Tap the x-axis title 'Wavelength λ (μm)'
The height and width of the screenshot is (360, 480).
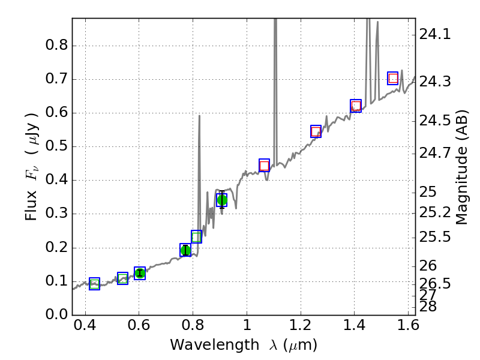244,344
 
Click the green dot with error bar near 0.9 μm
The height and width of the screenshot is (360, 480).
222,200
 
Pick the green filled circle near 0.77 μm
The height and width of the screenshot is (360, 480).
185,250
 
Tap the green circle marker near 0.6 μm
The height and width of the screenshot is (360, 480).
140,273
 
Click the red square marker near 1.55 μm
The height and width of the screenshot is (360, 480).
393,78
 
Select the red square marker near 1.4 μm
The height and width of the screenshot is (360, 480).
356,106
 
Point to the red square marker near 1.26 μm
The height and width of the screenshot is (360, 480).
316,131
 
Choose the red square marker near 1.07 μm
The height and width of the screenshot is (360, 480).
264,166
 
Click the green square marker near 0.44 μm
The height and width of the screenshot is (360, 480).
94,284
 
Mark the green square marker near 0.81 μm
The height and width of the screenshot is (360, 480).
196,236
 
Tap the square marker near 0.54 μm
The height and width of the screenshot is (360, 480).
123,278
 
